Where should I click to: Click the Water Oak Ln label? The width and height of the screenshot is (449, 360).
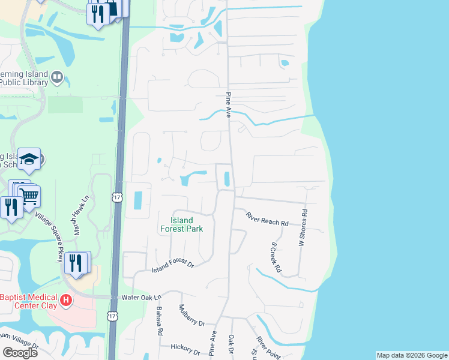142,297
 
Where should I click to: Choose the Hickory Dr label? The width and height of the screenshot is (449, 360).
184,348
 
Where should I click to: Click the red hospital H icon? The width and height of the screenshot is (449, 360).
67,299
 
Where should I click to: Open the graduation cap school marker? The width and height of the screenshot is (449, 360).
29,159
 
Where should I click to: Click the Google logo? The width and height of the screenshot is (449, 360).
20,352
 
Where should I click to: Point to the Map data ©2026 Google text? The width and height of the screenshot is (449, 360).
412,355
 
